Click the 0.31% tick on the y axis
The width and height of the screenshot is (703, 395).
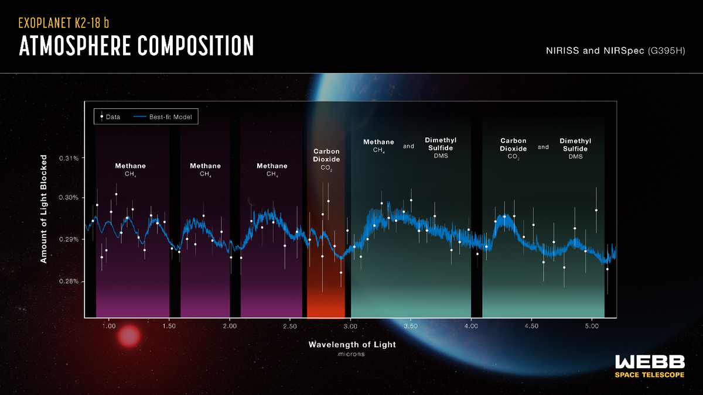pyautogui.click(x=68, y=159)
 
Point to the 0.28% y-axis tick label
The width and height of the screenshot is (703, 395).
pyautogui.click(x=68, y=281)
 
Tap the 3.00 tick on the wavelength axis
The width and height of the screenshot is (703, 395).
pyautogui.click(x=350, y=325)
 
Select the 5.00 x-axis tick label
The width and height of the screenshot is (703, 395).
pyautogui.click(x=592, y=325)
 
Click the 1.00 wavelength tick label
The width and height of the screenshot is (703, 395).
pyautogui.click(x=108, y=325)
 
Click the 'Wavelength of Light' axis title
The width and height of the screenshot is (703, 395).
pyautogui.click(x=352, y=345)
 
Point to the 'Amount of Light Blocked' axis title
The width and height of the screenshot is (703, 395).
pyautogui.click(x=43, y=217)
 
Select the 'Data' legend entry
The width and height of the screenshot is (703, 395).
pyautogui.click(x=110, y=117)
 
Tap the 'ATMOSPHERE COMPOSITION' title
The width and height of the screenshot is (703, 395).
pyautogui.click(x=136, y=46)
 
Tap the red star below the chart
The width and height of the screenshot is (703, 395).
pyautogui.click(x=129, y=336)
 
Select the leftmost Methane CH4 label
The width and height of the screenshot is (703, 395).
pyautogui.click(x=130, y=169)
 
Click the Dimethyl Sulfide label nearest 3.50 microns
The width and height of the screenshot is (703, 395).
pyautogui.click(x=441, y=147)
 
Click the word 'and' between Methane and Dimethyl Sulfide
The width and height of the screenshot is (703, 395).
pyautogui.click(x=409, y=147)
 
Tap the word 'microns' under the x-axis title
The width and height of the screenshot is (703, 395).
pyautogui.click(x=352, y=354)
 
